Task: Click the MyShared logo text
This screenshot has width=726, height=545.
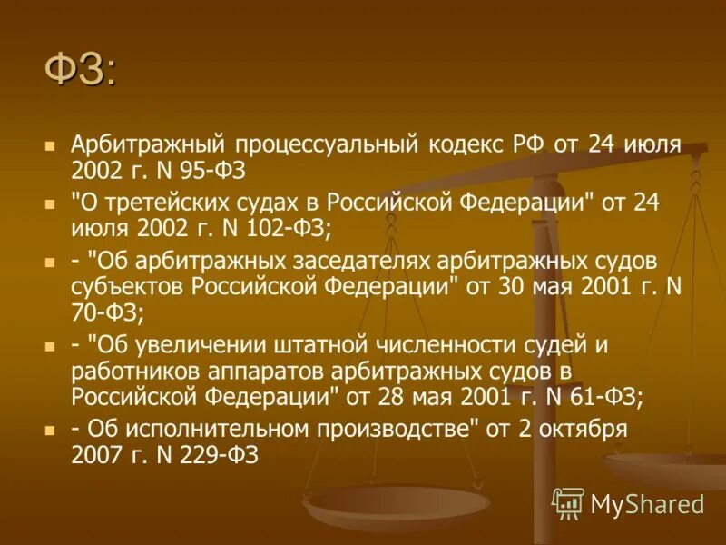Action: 646,502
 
